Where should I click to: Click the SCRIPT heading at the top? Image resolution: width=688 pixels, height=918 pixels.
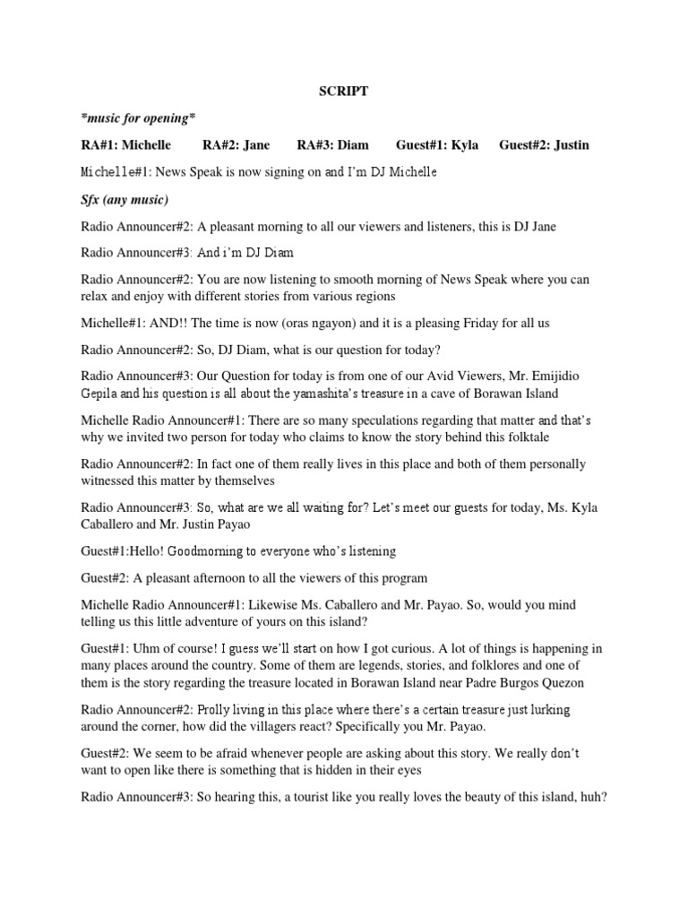(344, 91)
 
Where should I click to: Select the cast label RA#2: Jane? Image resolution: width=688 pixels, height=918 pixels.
(236, 145)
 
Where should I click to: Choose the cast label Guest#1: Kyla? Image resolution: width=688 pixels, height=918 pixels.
(440, 145)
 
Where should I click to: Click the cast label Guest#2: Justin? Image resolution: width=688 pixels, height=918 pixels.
(544, 145)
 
